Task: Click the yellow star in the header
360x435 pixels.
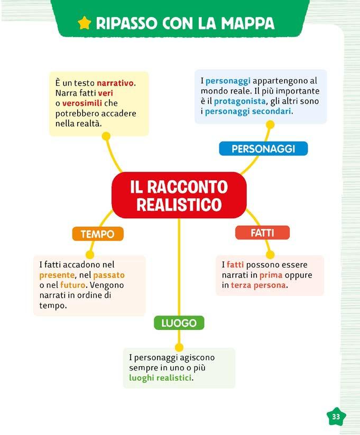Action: pos(85,23)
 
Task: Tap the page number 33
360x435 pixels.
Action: pos(336,416)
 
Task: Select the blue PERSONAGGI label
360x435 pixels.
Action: pos(263,149)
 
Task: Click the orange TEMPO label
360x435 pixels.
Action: pos(97,234)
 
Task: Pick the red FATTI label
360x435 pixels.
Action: pos(262,233)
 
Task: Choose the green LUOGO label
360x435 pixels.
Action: pos(179,323)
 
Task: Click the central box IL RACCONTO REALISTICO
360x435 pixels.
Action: pos(179,195)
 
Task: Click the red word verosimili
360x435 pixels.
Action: pos(82,103)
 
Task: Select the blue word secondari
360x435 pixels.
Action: pos(274,112)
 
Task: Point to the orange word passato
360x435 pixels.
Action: pos(109,275)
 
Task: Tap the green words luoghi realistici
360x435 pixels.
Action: pos(160,378)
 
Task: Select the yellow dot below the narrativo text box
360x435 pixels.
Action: pos(106,136)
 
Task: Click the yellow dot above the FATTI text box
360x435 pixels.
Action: pos(270,255)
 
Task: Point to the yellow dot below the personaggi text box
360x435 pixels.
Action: pos(270,125)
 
